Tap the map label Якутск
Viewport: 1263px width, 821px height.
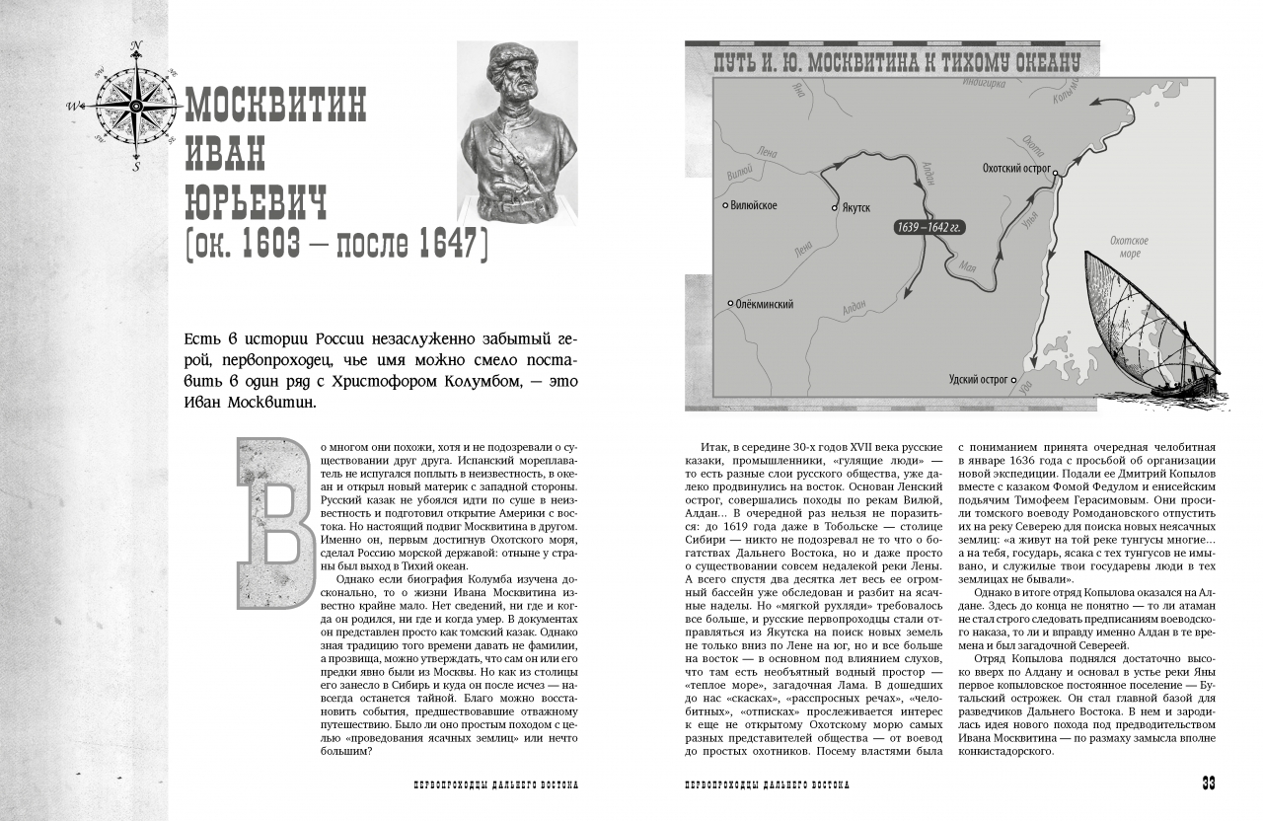(856, 209)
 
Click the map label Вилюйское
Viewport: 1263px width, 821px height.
(754, 205)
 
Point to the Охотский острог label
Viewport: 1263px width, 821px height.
(1016, 169)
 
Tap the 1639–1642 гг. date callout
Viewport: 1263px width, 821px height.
(929, 227)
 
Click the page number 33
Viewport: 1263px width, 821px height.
(1207, 784)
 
